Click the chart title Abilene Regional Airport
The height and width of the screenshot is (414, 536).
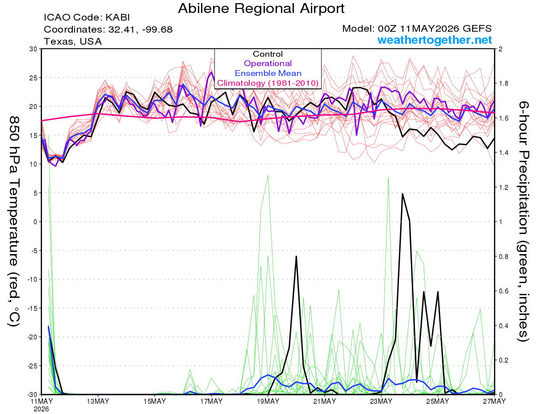click(x=261, y=8)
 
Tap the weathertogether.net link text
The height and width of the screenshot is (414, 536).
click(x=435, y=40)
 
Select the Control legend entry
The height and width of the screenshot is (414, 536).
click(x=268, y=54)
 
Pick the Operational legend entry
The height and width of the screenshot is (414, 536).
click(x=268, y=63)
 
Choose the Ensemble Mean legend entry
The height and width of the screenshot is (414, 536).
click(x=268, y=73)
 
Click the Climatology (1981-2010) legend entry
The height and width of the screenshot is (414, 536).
click(x=268, y=83)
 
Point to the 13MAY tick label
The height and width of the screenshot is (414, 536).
click(x=98, y=401)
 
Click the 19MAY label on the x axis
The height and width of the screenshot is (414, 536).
click(x=268, y=401)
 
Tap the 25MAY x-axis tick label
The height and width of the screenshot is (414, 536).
click(x=438, y=401)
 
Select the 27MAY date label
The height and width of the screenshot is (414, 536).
click(x=494, y=401)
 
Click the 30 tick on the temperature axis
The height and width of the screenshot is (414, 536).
click(x=33, y=49)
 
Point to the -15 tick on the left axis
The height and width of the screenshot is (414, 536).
click(x=32, y=308)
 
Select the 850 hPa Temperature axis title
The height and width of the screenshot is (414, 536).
click(x=14, y=222)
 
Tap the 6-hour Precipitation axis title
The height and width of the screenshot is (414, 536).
click(x=523, y=222)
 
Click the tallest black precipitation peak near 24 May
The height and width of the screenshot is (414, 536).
click(x=402, y=194)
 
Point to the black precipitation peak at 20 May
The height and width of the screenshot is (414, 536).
click(x=296, y=256)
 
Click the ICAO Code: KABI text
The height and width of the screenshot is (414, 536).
click(x=87, y=17)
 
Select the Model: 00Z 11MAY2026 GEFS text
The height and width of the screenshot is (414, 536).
click(x=417, y=29)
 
